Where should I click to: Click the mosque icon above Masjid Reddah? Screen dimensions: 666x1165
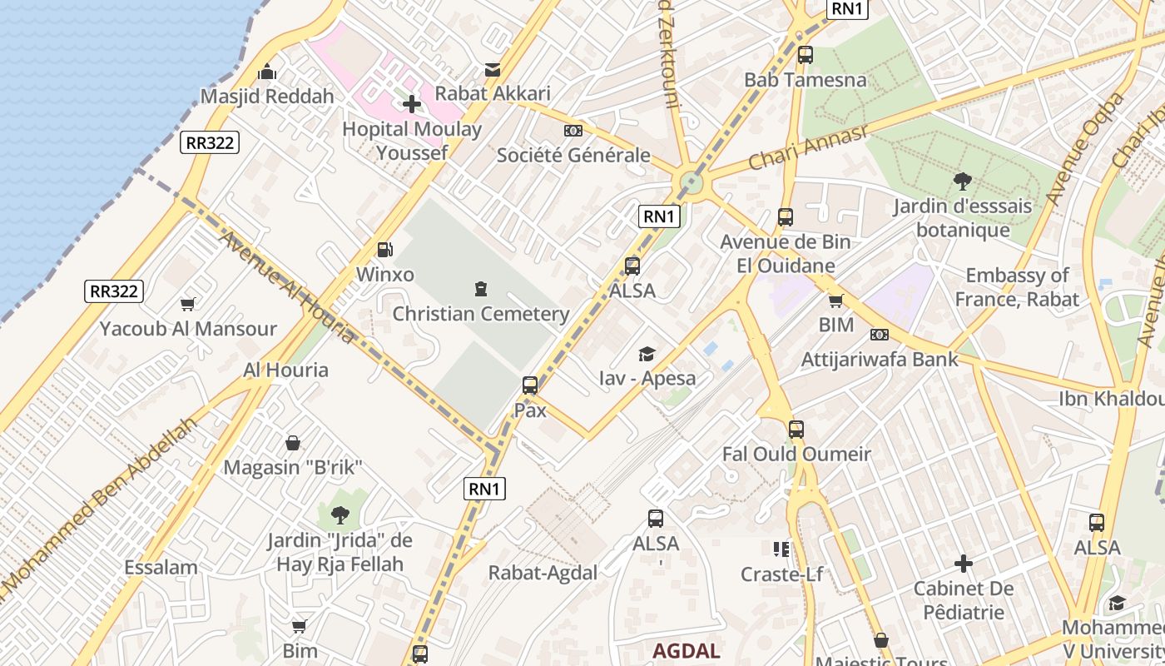pyautogui.click(x=267, y=72)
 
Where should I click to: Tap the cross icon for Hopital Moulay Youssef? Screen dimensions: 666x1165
pyautogui.click(x=412, y=104)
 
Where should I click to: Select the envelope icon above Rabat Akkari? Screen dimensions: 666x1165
pyautogui.click(x=493, y=69)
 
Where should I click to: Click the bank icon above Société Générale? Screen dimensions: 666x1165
pyautogui.click(x=573, y=131)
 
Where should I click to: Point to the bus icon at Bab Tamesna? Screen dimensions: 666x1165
pyautogui.click(x=805, y=55)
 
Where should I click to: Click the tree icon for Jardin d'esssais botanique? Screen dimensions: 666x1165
pyautogui.click(x=963, y=181)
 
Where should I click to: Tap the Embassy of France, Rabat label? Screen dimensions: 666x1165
pyautogui.click(x=1017, y=287)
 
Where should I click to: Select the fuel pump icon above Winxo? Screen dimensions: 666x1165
pyautogui.click(x=384, y=250)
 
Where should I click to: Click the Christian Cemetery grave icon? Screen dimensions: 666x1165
pyautogui.click(x=480, y=289)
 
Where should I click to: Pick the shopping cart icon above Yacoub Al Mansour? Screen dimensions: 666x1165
pyautogui.click(x=188, y=304)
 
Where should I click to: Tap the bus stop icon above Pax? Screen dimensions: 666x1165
pyautogui.click(x=530, y=385)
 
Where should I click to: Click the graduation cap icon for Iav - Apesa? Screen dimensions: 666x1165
pyautogui.click(x=647, y=355)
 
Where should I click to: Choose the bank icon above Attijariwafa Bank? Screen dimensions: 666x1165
pyautogui.click(x=879, y=335)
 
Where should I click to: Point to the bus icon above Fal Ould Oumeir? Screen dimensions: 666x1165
pyautogui.click(x=796, y=430)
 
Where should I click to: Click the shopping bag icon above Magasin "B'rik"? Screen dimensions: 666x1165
pyautogui.click(x=293, y=443)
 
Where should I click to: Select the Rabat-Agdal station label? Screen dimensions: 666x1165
pyautogui.click(x=543, y=573)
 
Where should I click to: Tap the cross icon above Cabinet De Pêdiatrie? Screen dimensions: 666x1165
pyautogui.click(x=964, y=564)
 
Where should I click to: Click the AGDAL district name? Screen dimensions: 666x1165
pyautogui.click(x=687, y=650)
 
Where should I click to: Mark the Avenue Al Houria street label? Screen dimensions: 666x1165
pyautogui.click(x=287, y=287)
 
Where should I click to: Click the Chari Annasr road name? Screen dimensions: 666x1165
pyautogui.click(x=807, y=147)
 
